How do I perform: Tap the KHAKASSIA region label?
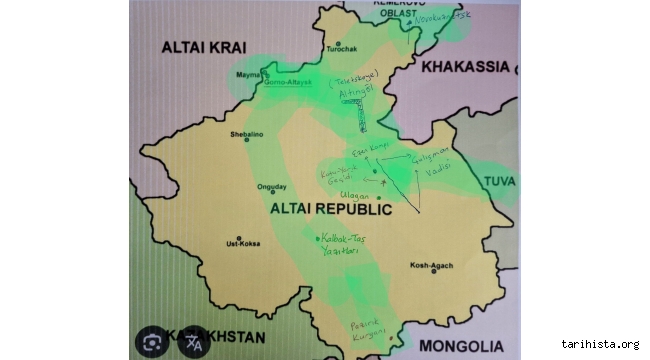click(x=465, y=67)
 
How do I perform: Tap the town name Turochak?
click(x=340, y=49)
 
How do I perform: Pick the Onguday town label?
click(x=272, y=187)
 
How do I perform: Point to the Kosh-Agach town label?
click(x=431, y=265)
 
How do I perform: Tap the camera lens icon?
click(x=153, y=343)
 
